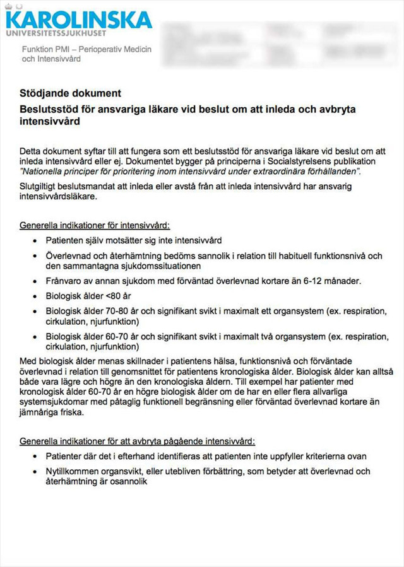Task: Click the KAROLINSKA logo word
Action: [x=79, y=18]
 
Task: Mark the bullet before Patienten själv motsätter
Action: [x=34, y=241]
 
